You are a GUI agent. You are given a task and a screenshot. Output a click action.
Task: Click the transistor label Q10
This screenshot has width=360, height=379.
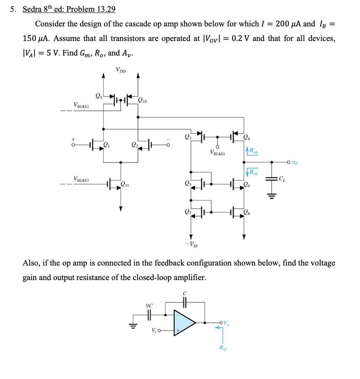[142, 101]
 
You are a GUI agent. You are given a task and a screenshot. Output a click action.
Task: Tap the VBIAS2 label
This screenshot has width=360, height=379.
[81, 105]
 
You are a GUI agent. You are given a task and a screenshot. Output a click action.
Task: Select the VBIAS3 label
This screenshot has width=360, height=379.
[81, 179]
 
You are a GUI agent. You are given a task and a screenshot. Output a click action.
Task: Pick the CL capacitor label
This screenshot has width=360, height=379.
[283, 179]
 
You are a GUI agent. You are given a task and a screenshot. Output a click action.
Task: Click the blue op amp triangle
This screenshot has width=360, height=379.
[185, 322]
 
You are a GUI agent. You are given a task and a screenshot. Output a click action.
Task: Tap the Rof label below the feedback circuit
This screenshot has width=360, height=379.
[221, 348]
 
